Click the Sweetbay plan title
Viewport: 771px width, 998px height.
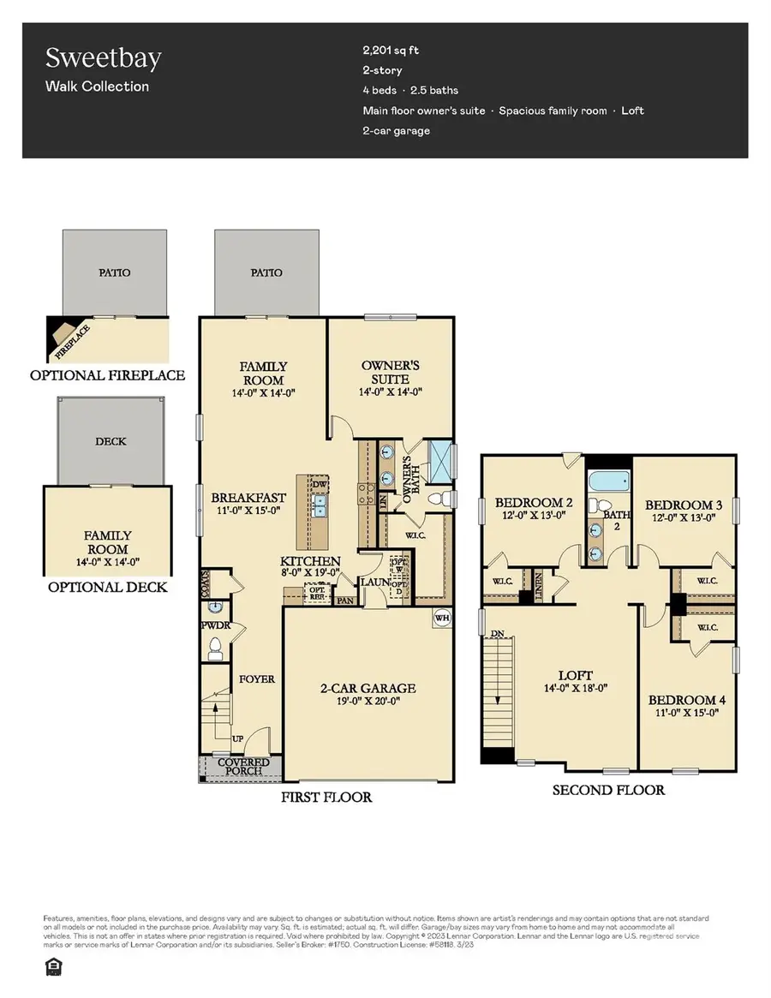[x=103, y=58]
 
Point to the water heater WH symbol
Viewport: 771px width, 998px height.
[x=443, y=619]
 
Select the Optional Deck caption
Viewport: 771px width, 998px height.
[x=107, y=588]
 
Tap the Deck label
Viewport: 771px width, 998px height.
[x=111, y=441]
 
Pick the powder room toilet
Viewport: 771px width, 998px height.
[x=215, y=649]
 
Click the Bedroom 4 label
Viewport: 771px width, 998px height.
[x=683, y=699]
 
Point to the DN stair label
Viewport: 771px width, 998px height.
[x=497, y=635]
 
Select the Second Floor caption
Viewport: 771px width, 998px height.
[x=608, y=790]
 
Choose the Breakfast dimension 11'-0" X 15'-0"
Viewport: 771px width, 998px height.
[x=248, y=511]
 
